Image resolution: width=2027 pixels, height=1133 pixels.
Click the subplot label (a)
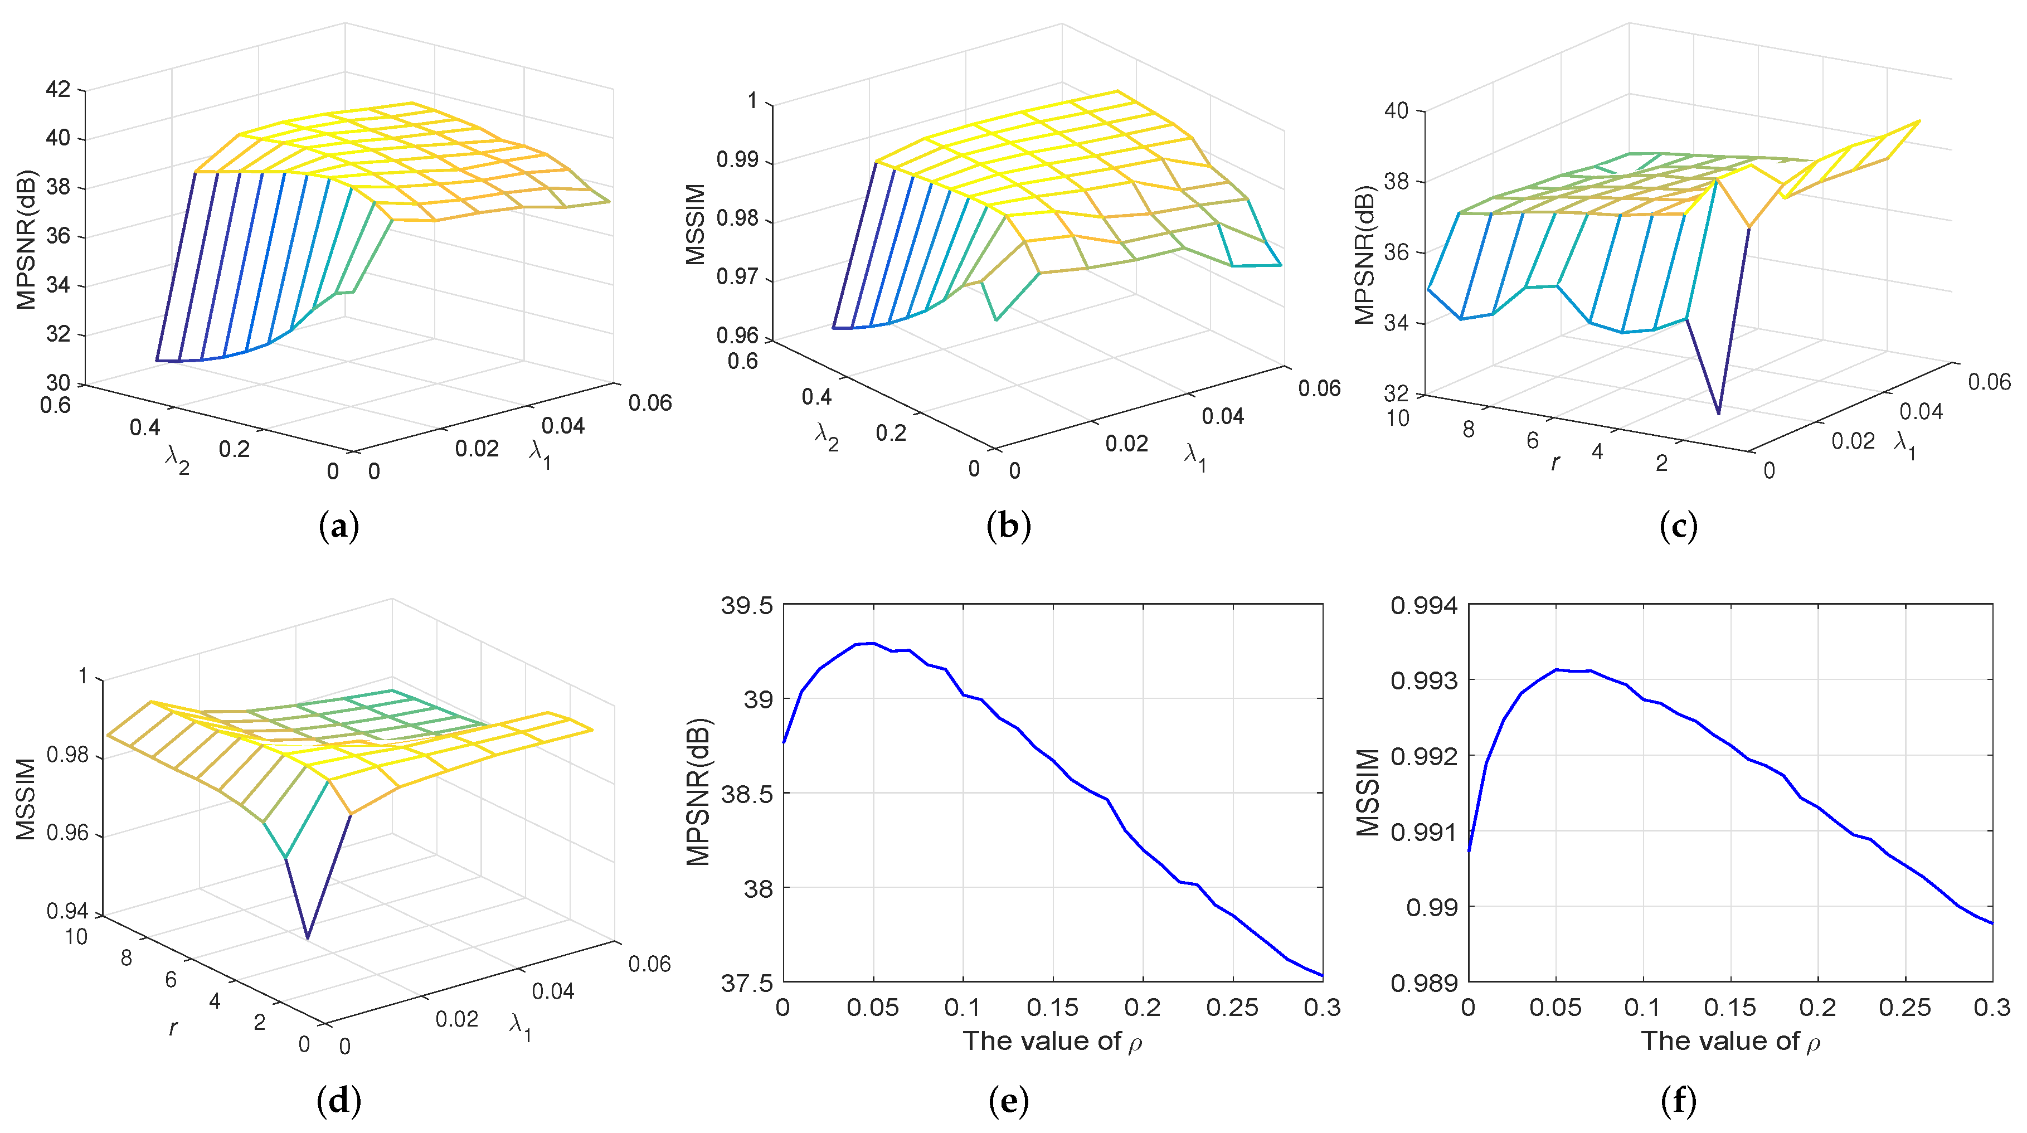(339, 526)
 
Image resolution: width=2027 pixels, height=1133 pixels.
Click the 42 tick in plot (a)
(57, 89)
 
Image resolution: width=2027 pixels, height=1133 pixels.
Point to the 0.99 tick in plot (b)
(737, 160)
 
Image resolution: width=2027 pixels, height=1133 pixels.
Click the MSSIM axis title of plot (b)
(696, 223)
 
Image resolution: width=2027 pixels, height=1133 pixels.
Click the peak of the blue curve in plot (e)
(871, 643)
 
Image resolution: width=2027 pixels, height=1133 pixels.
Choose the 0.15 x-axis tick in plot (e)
(1052, 1007)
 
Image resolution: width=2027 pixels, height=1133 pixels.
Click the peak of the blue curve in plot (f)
(1556, 669)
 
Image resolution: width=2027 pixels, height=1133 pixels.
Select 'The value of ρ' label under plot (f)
(1729, 1041)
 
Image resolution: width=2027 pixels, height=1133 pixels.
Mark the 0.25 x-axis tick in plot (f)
(1904, 1007)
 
